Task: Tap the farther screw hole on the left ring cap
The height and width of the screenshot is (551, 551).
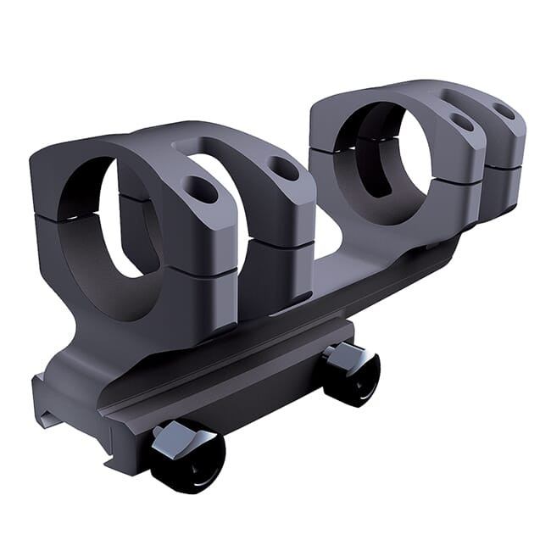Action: click(x=283, y=167)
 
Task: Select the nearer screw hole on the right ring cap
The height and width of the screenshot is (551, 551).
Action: click(x=462, y=122)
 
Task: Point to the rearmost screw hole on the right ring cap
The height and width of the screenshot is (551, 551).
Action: click(x=504, y=109)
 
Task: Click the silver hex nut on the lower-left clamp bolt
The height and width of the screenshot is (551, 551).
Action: click(x=177, y=436)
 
